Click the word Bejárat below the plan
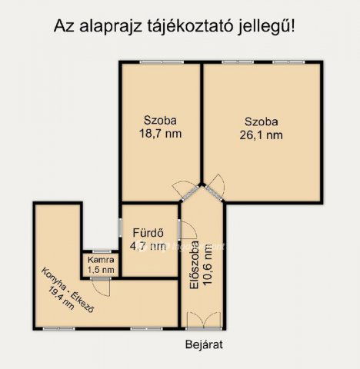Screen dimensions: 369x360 tap(204, 344)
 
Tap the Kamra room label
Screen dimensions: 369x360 tap(101, 259)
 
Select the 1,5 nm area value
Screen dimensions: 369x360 tap(101, 270)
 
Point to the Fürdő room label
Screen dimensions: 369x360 tap(147, 233)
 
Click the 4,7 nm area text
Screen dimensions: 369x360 tap(147, 246)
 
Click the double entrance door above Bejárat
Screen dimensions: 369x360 tap(203, 320)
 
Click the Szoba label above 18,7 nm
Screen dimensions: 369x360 tap(160, 120)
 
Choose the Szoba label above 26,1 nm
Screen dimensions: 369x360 tap(262, 121)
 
